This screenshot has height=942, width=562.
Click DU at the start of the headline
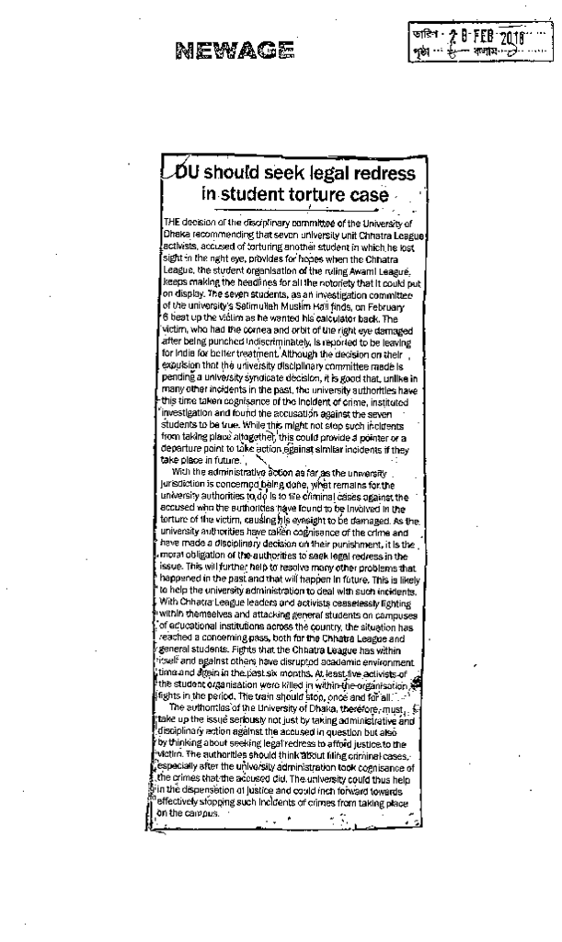[x=187, y=174]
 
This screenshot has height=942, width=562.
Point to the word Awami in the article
[x=364, y=271]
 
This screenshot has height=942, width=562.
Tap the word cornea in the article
[x=248, y=328]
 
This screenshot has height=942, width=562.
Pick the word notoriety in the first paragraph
[x=331, y=283]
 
